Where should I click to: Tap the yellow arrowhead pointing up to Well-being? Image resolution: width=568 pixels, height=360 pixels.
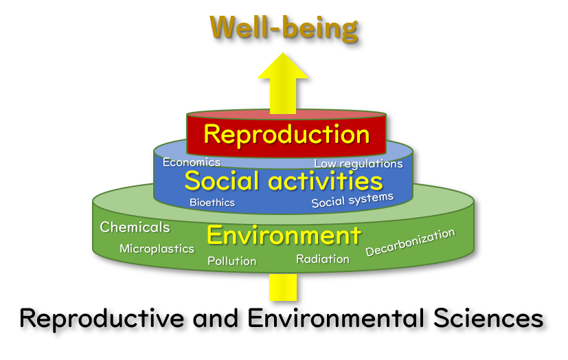(x=283, y=66)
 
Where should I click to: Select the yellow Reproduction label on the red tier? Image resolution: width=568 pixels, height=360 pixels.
(x=286, y=135)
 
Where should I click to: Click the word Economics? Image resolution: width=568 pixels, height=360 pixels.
(x=191, y=162)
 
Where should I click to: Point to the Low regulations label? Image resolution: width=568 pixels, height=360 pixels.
(x=359, y=164)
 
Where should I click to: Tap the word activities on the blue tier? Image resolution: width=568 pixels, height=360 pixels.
(x=326, y=181)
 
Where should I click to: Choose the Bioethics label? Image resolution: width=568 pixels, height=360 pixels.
(x=212, y=203)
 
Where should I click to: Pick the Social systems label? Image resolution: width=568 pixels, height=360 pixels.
(x=352, y=201)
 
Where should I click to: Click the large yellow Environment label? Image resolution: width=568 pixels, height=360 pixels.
(x=284, y=236)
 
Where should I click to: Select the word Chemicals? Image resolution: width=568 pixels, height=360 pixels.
(x=135, y=227)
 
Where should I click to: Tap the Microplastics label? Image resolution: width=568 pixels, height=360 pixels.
(x=157, y=249)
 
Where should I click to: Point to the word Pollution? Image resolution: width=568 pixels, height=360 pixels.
(x=232, y=261)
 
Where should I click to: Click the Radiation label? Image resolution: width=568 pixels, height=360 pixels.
(x=323, y=259)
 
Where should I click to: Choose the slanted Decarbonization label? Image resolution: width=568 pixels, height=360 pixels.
(x=410, y=243)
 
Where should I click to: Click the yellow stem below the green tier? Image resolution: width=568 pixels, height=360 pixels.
(x=283, y=287)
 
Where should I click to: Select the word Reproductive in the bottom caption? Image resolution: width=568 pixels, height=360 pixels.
(x=102, y=319)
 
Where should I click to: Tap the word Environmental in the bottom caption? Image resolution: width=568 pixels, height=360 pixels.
(x=336, y=318)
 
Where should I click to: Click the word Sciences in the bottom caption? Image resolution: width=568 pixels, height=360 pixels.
(x=488, y=318)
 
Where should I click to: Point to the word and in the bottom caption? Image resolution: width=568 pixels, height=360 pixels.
(x=216, y=318)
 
